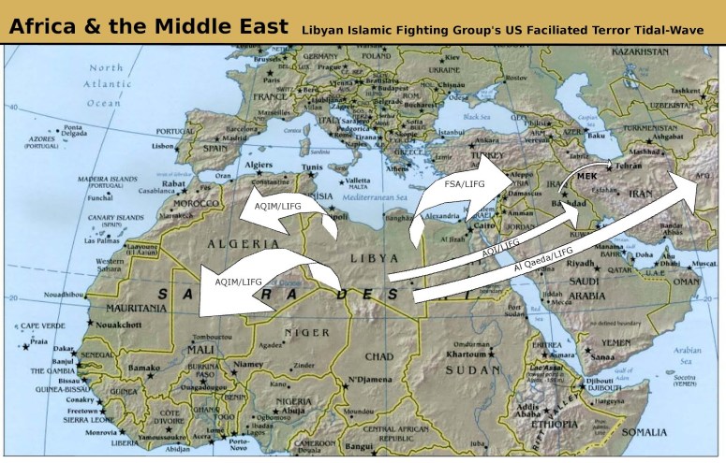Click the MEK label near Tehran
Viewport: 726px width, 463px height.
[x=587, y=176]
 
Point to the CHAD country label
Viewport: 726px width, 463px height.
[x=379, y=356]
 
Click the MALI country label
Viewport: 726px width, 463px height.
[x=204, y=349]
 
